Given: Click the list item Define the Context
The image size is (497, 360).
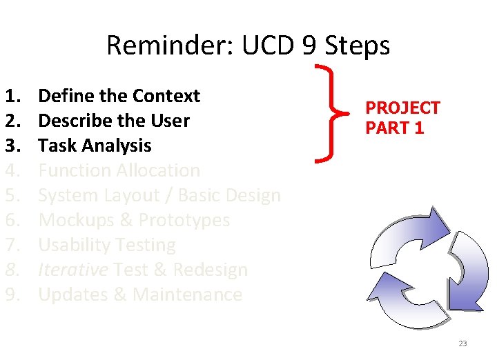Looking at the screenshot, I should [x=119, y=96].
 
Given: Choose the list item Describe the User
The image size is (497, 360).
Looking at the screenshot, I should [x=113, y=121].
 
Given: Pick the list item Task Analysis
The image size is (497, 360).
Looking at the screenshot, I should [x=95, y=146].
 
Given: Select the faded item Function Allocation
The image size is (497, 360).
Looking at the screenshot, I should [x=119, y=170].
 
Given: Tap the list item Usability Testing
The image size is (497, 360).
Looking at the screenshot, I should [x=107, y=245].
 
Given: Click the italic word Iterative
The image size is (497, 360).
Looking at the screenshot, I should [x=72, y=270].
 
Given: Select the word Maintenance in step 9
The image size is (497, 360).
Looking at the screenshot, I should [x=187, y=294].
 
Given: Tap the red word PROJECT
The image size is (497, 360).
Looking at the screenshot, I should [x=402, y=108].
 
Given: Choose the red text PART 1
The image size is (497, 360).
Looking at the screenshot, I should [x=394, y=128].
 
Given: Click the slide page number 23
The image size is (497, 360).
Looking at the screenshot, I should [x=462, y=343].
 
